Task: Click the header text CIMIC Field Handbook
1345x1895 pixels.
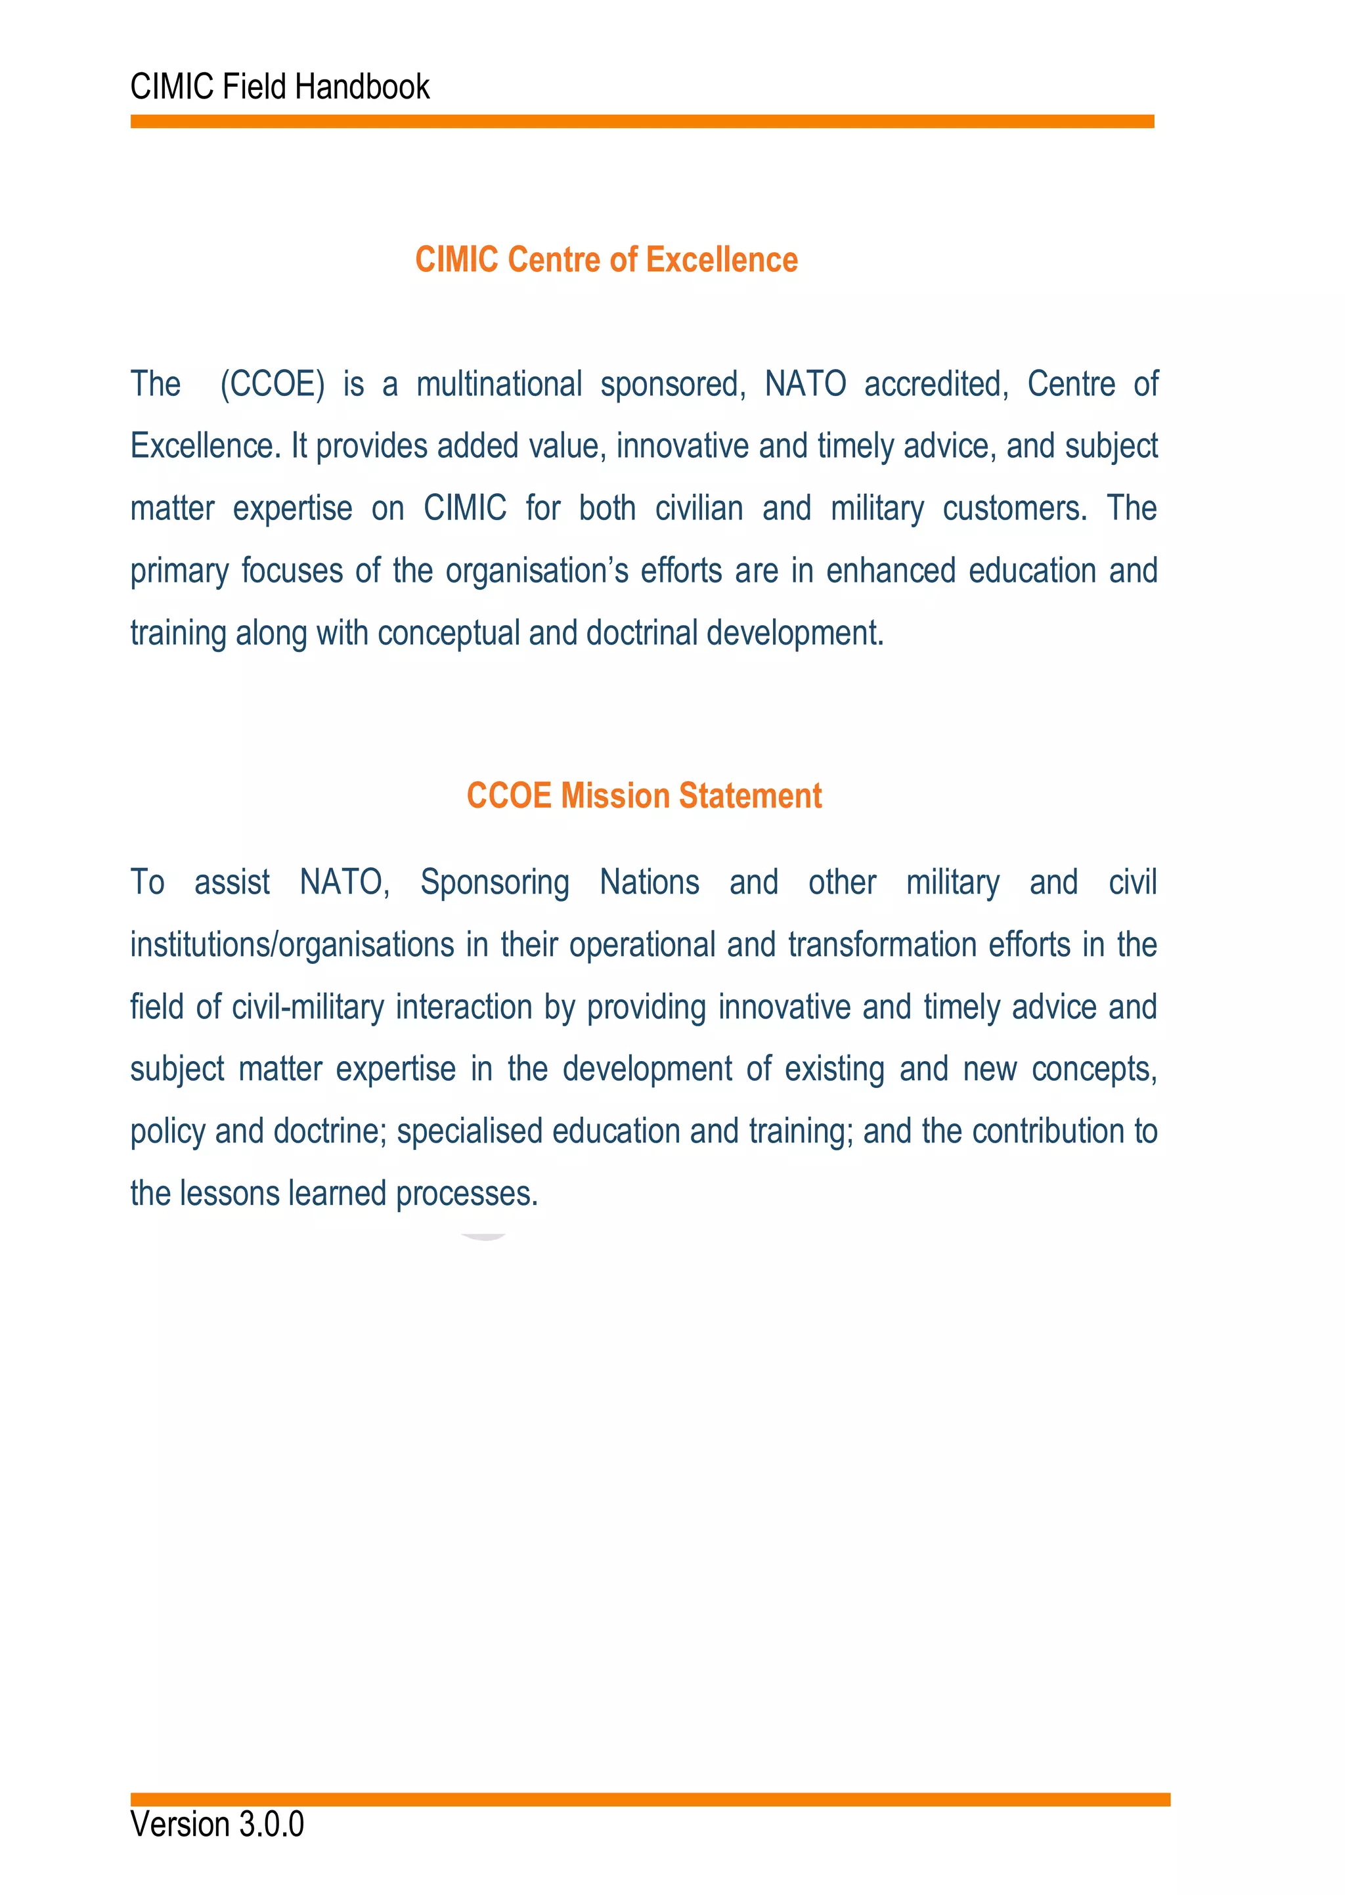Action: coord(280,87)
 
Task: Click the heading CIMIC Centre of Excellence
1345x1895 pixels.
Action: coord(606,260)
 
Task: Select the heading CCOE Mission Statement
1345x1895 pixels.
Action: coord(644,796)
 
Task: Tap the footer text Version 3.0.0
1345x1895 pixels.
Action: coord(217,1824)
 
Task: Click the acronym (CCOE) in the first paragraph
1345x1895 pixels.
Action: coord(273,384)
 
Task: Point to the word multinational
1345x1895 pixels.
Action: coord(499,384)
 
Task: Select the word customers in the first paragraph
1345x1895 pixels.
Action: coord(1015,508)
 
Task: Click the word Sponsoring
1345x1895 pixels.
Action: coord(495,882)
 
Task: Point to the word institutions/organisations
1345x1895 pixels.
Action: coord(292,945)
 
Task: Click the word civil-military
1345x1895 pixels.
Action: coord(308,1007)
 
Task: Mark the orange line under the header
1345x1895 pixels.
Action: coord(642,121)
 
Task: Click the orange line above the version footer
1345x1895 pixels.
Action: coord(650,1799)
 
